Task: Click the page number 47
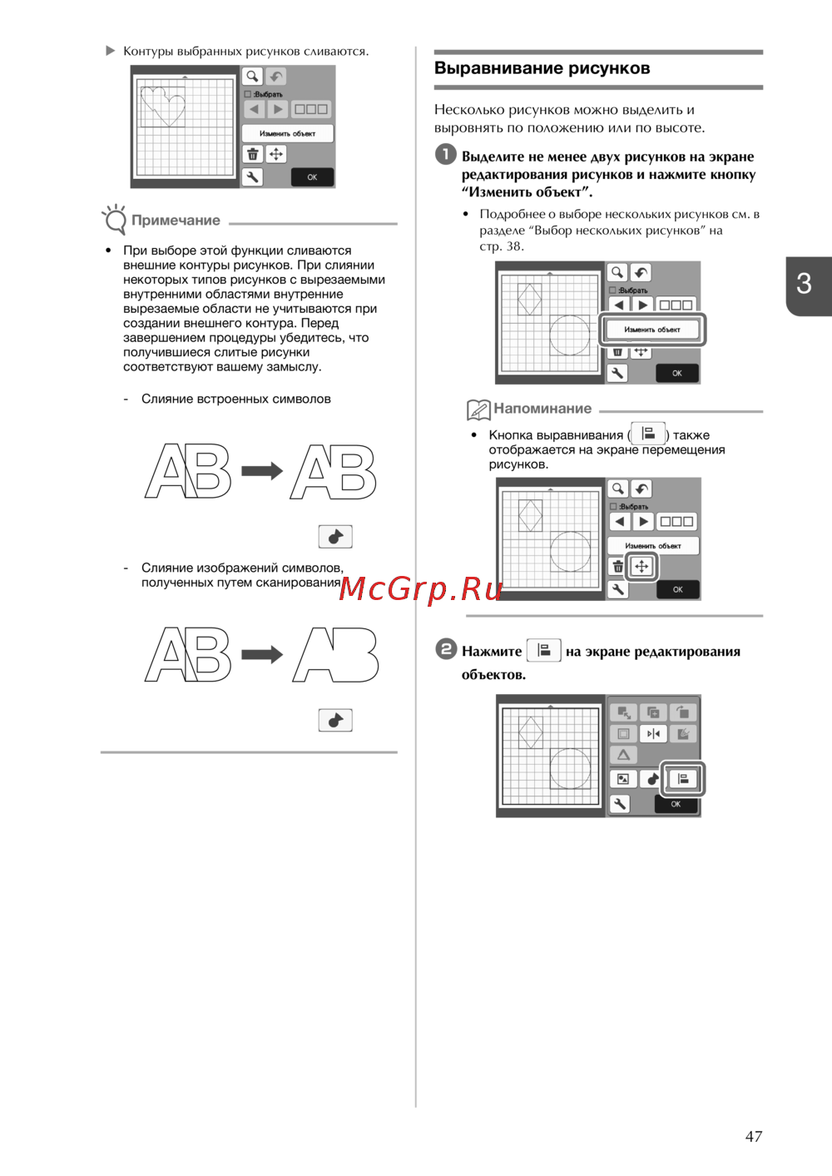click(x=753, y=1137)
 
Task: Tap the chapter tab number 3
click(x=804, y=284)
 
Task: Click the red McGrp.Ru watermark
click(x=420, y=589)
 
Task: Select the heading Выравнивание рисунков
click(x=542, y=68)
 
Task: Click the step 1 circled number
click(x=446, y=154)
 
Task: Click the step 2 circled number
click(x=446, y=649)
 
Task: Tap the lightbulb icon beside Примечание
click(x=115, y=220)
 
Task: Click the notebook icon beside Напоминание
click(x=478, y=409)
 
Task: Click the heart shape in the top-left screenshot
click(x=164, y=106)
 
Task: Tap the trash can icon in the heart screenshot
click(x=252, y=154)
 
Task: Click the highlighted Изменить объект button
click(x=652, y=330)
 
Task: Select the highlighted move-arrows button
click(x=641, y=567)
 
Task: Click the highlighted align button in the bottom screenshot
click(x=682, y=778)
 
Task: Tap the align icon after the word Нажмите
click(x=544, y=651)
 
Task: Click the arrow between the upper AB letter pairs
click(x=262, y=470)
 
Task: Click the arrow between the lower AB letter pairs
click(x=262, y=654)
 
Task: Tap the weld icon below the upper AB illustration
click(x=335, y=537)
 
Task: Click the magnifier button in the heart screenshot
click(x=252, y=77)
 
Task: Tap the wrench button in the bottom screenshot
click(x=620, y=804)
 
